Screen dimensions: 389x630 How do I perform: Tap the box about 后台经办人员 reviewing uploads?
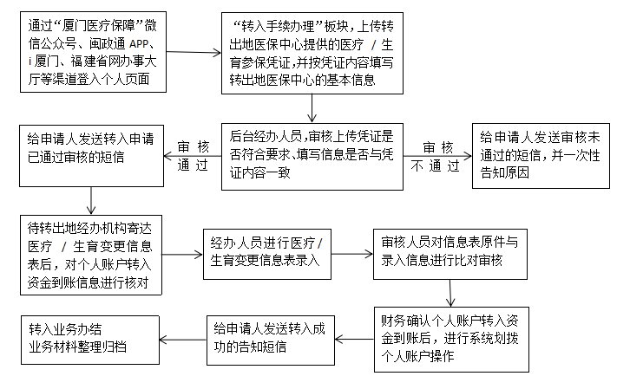pos(313,154)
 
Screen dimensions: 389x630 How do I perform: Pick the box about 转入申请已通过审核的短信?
pos(91,154)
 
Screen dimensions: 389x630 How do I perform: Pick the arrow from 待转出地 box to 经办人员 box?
pos(182,254)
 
